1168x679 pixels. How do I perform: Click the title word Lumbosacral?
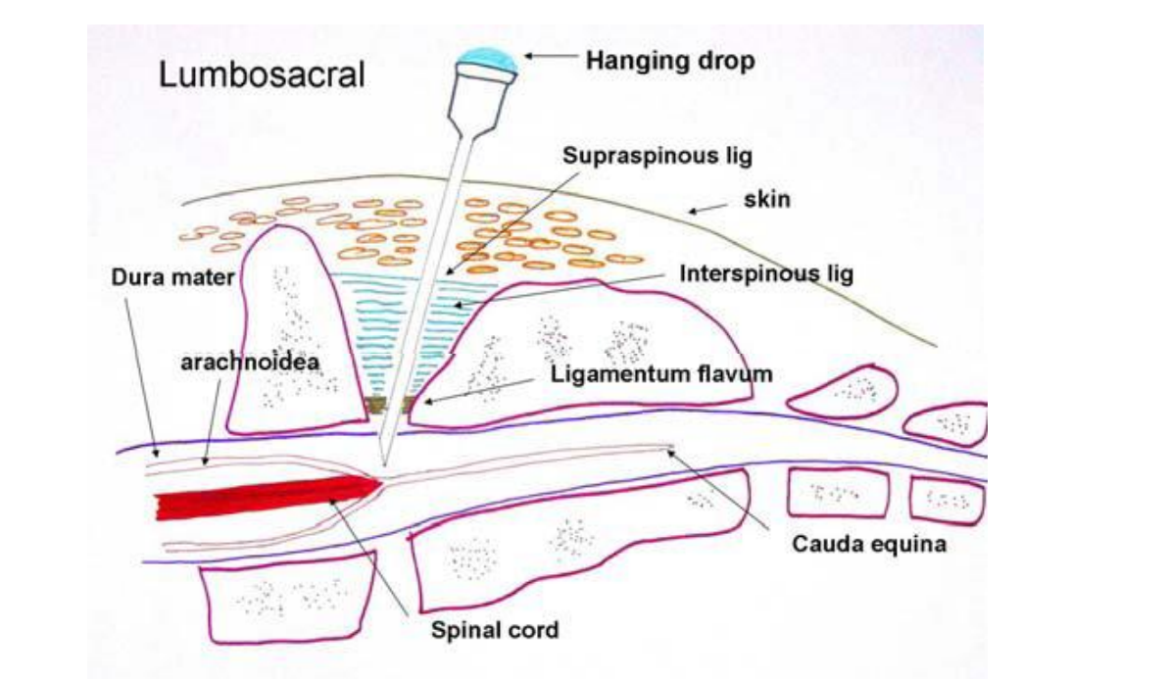click(x=262, y=74)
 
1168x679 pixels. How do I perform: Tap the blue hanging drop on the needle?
click(x=488, y=59)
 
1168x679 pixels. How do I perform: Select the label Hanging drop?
click(x=670, y=61)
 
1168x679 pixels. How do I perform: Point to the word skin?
click(x=767, y=200)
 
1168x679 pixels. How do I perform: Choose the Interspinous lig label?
click(x=766, y=273)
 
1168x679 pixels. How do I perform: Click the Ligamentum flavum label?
click(x=661, y=373)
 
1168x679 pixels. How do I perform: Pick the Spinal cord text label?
click(x=495, y=629)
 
